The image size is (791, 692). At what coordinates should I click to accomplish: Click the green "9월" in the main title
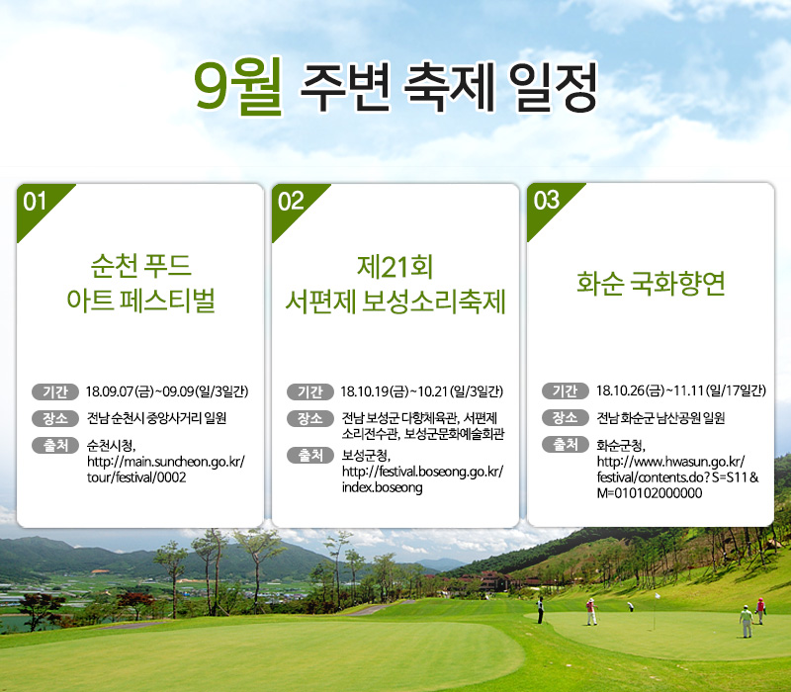pos(238,86)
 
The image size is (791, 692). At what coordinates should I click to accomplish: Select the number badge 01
pos(35,202)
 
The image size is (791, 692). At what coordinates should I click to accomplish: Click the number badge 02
pos(291,202)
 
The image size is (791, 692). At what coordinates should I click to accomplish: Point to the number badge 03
pos(547,201)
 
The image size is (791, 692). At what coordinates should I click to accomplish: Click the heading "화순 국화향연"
pos(651,283)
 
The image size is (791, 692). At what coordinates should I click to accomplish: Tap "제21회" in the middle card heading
pos(395,267)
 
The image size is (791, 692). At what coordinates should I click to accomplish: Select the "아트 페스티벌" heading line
pos(140,301)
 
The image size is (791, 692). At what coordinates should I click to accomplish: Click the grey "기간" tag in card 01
pos(55,391)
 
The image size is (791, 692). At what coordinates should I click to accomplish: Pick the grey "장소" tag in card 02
pos(310,418)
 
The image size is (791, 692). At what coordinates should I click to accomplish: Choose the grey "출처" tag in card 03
pos(565,444)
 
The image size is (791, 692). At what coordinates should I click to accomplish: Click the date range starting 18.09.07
pos(167,391)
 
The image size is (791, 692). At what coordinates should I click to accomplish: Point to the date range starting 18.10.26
pos(681,390)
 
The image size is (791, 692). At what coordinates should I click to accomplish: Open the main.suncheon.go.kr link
pos(166,470)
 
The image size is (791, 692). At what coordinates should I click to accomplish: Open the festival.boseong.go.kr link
pos(423,479)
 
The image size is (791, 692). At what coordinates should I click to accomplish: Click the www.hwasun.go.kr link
pos(677,477)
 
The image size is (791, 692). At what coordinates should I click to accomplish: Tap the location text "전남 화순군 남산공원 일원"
pos(660,418)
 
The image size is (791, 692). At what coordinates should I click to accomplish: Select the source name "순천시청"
pos(111,446)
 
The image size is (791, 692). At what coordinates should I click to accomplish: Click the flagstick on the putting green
pos(656,612)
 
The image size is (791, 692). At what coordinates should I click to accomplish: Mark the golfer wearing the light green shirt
pos(747,621)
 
